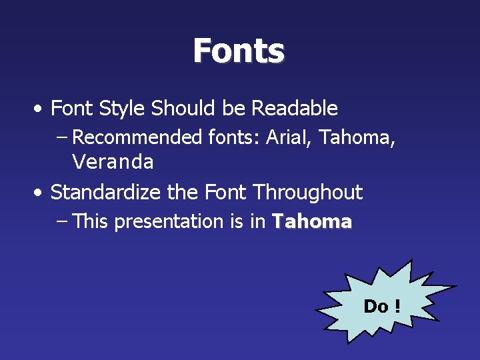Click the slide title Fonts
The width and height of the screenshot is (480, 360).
click(x=239, y=51)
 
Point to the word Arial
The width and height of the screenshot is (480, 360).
click(x=289, y=137)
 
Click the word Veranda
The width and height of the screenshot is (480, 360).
click(x=113, y=162)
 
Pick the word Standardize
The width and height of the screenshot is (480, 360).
click(x=105, y=193)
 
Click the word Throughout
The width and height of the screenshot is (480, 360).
click(x=308, y=193)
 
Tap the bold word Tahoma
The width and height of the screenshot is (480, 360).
click(x=311, y=222)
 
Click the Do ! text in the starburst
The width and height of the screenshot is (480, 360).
click(x=381, y=307)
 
